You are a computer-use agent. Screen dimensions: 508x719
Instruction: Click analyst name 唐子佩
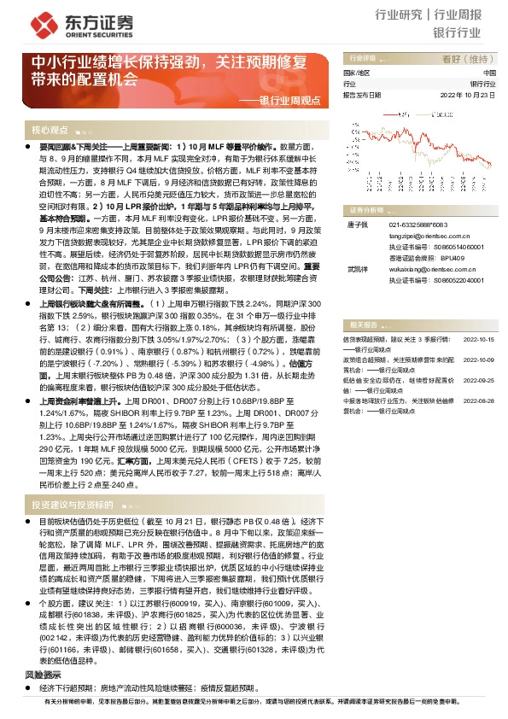click(x=357, y=225)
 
